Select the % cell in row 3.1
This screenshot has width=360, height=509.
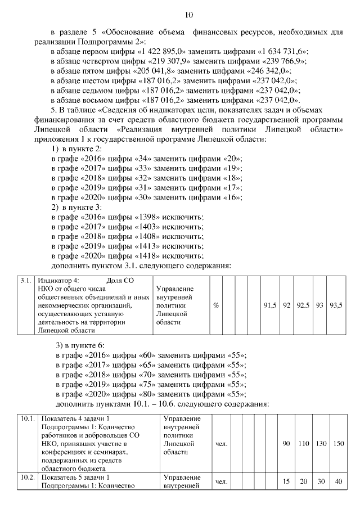[x=216, y=305]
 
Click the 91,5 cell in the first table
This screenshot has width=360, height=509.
[x=269, y=305]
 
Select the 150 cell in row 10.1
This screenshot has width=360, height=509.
[x=337, y=444]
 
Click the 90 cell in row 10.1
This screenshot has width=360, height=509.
[x=286, y=444]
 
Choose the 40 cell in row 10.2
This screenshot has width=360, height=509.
[x=337, y=481]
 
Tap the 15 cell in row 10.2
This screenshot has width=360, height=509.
[x=286, y=481]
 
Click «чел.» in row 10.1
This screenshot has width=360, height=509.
[x=221, y=444]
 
